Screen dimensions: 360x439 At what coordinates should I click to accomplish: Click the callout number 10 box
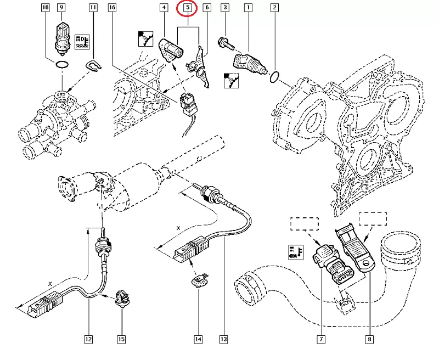45,8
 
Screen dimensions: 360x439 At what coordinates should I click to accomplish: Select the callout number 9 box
61,8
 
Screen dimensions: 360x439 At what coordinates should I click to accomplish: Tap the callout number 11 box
93,8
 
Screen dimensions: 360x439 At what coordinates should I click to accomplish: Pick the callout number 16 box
112,8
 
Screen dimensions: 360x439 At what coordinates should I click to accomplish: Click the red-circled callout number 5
188,8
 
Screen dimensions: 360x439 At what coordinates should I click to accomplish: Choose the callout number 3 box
225,8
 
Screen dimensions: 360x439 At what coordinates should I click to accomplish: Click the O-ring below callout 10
62,66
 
